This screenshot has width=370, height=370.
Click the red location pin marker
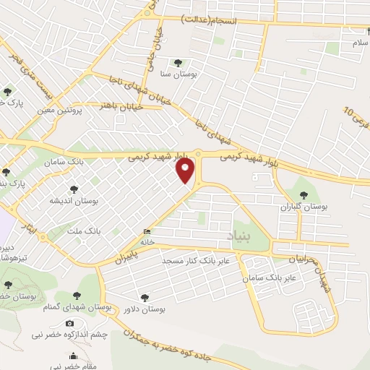(x=186, y=171)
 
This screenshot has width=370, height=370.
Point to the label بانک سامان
(x=85, y=163)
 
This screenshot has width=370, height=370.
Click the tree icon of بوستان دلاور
(x=145, y=297)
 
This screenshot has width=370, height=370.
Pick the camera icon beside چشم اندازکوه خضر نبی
(x=69, y=323)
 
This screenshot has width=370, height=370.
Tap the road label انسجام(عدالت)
(x=211, y=20)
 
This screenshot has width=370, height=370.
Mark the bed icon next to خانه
(x=148, y=231)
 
